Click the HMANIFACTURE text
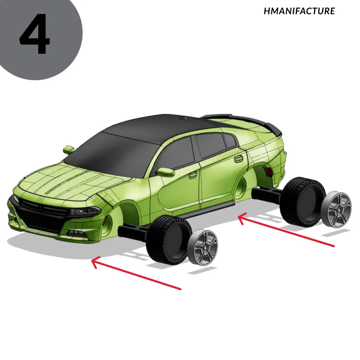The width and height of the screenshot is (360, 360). (299, 11)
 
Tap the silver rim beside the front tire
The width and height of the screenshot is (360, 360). (202, 247)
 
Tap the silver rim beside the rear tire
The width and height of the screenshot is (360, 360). (336, 208)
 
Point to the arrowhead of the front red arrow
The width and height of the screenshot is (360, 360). (94, 261)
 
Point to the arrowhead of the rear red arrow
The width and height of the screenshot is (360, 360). (241, 218)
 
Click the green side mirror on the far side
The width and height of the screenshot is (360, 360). (68, 150)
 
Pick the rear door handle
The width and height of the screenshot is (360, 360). (238, 159)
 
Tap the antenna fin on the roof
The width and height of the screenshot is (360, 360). (183, 118)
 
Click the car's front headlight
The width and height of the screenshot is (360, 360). (85, 211)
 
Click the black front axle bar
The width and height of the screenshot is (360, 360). (133, 232)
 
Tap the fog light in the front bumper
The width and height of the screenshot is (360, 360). (77, 233)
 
